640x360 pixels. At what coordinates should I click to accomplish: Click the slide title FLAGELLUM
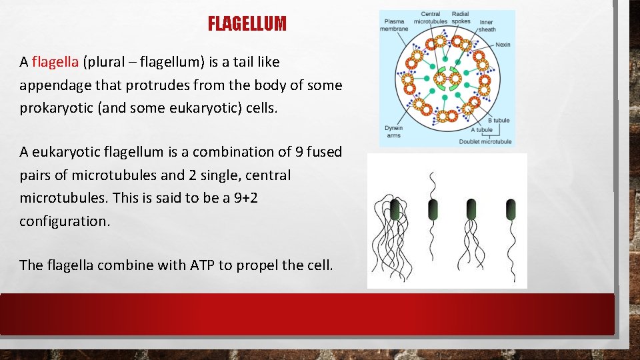point(247,25)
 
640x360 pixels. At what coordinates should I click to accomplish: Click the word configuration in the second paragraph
point(63,221)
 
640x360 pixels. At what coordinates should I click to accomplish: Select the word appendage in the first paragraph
point(51,85)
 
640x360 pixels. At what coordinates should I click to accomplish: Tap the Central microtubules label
point(430,17)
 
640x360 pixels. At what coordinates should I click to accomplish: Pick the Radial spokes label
point(461,17)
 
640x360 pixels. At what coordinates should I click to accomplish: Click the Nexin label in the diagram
point(503,45)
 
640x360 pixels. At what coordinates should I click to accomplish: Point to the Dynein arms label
point(393,131)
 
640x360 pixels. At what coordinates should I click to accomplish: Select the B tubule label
point(499,121)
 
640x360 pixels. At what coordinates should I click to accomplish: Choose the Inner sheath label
point(487,25)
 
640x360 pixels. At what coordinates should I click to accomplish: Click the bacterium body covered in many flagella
point(395,209)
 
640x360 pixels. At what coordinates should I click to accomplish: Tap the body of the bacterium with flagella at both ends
point(433,209)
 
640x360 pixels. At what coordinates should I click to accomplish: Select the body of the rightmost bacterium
point(511,209)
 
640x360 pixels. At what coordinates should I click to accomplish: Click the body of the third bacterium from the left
point(471,209)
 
